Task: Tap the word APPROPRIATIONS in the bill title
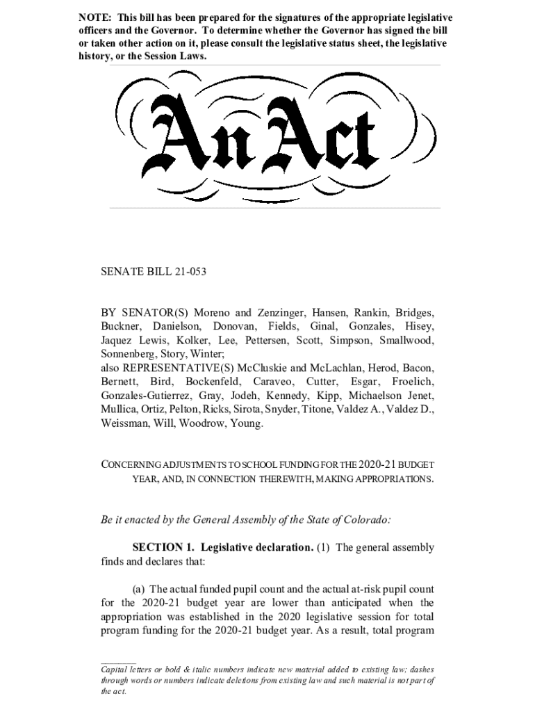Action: [393, 479]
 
